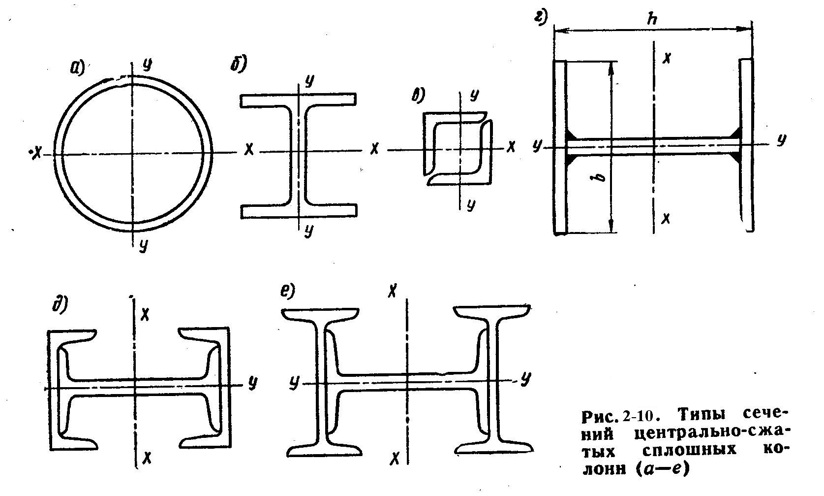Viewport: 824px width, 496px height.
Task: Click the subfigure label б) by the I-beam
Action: point(239,64)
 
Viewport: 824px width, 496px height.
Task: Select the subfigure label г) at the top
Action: point(540,17)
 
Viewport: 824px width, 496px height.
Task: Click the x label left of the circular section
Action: point(36,152)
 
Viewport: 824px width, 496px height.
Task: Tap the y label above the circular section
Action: point(147,65)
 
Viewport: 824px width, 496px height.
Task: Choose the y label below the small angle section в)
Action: point(470,204)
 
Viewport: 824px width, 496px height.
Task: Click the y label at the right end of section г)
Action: point(781,139)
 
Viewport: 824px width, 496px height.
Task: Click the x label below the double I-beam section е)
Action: point(395,459)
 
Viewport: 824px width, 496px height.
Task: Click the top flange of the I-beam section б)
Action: point(298,100)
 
